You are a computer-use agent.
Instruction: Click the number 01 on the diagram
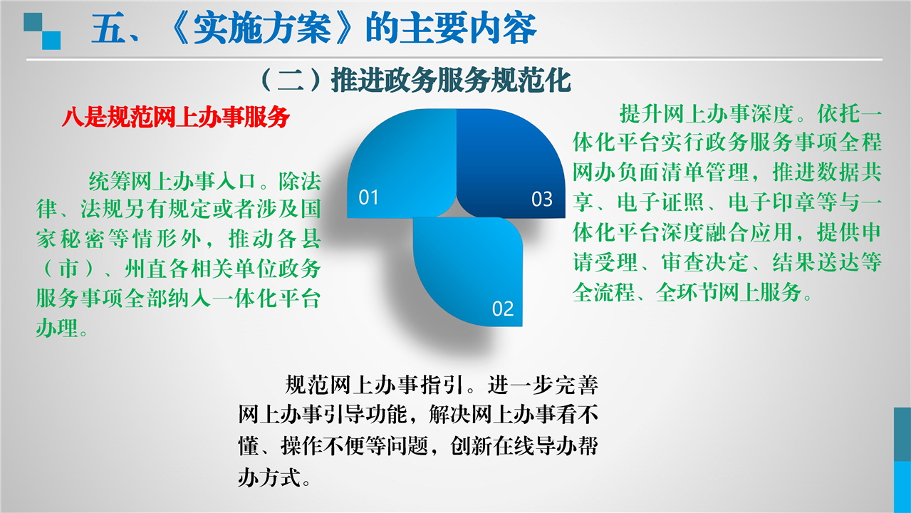(368, 197)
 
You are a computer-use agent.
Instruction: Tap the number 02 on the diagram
(503, 309)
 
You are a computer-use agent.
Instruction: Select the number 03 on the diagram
(542, 199)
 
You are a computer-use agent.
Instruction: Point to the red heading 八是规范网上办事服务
(176, 117)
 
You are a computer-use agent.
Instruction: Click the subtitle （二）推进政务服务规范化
(415, 80)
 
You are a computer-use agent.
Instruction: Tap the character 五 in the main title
(108, 28)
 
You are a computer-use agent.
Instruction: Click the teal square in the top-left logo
(33, 22)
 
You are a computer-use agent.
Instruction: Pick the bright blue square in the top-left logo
(51, 41)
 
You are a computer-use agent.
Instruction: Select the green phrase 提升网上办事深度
(707, 113)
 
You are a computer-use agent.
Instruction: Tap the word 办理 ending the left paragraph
(57, 328)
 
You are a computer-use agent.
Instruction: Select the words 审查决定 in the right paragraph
(705, 262)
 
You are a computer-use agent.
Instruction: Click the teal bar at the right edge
(902, 434)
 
